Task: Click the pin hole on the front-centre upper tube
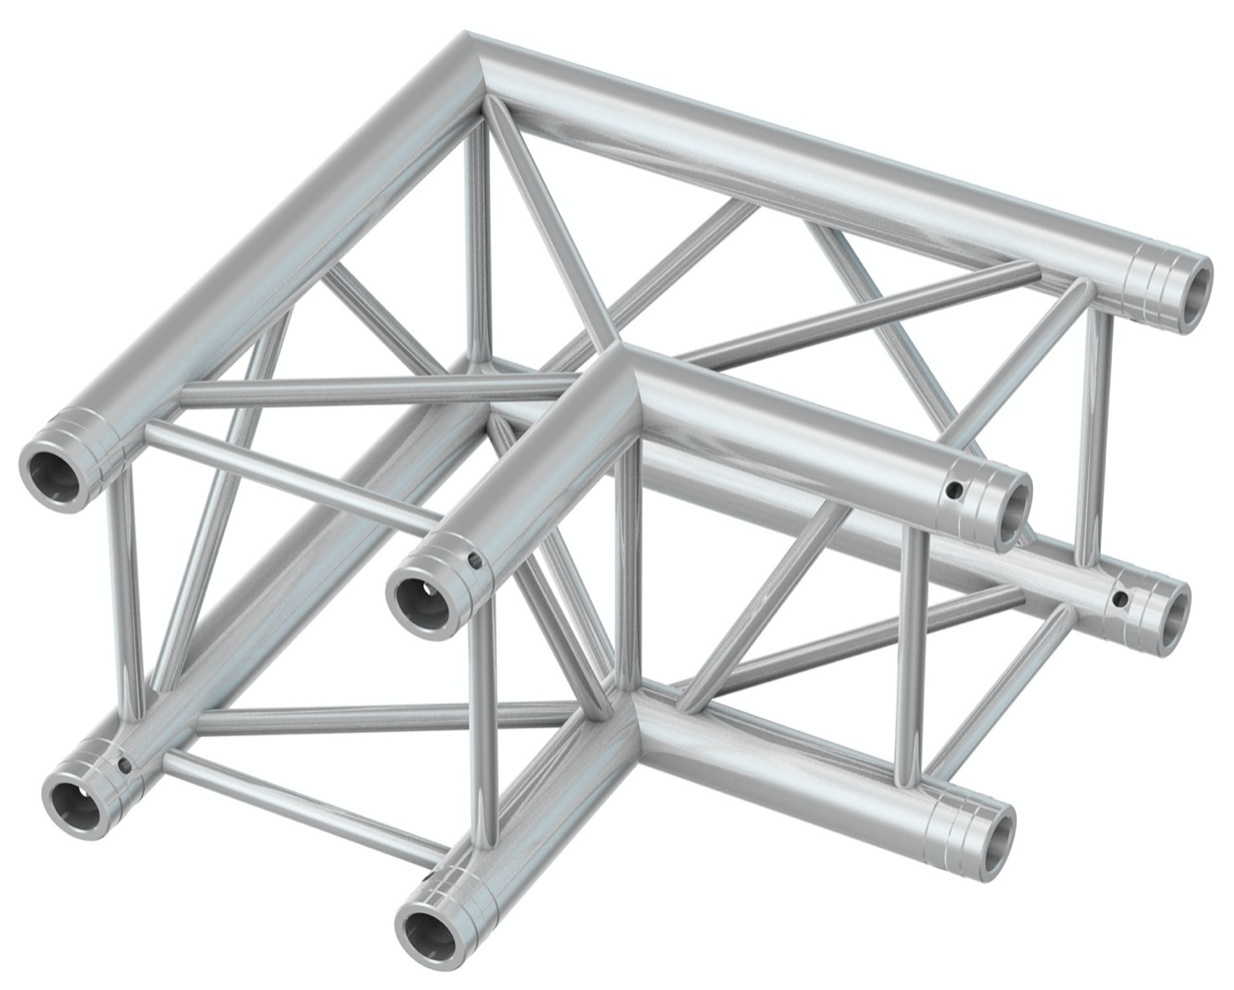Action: point(476,564)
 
